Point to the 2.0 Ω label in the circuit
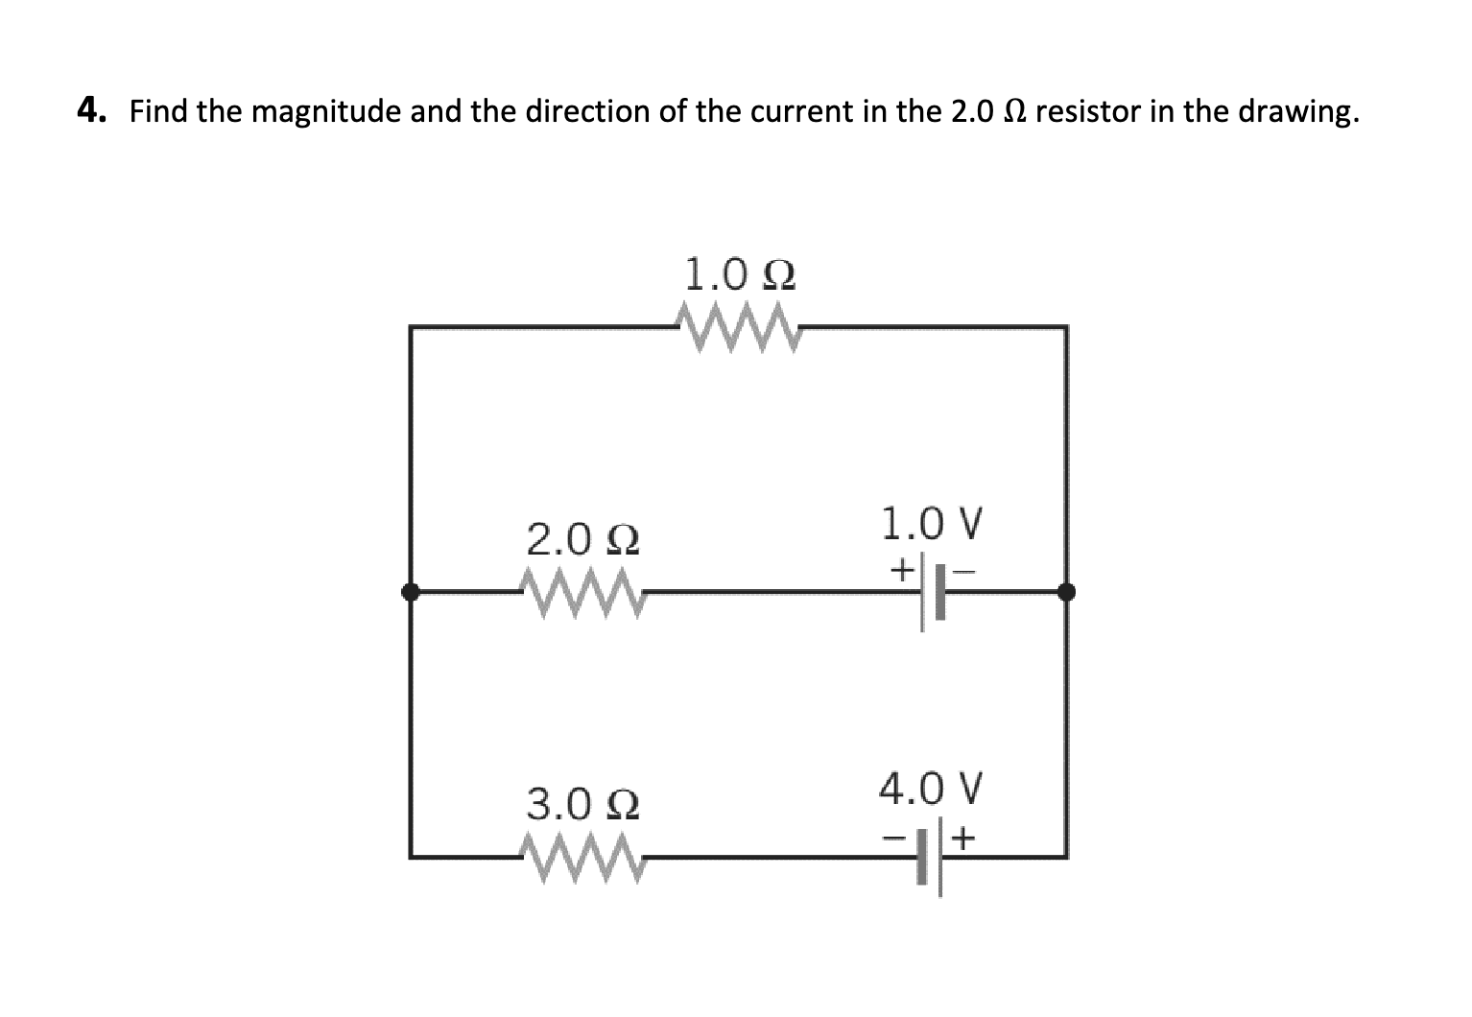tap(583, 541)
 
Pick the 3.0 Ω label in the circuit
tap(583, 804)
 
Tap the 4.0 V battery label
tap(931, 790)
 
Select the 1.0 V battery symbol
tap(930, 592)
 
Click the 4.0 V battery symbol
tap(930, 856)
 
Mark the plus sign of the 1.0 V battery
tap(900, 571)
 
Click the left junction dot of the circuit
tap(411, 592)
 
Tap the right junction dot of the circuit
tap(1066, 592)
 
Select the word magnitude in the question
tap(326, 113)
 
